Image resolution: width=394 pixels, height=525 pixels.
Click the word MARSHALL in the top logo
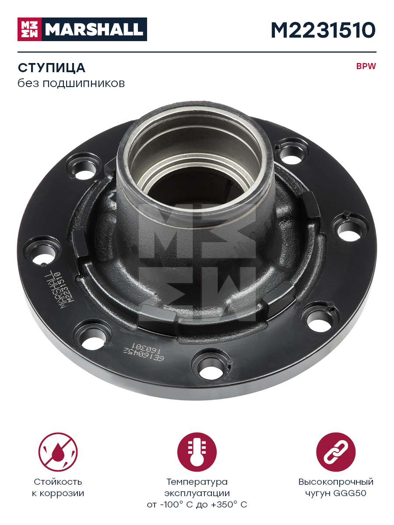pos(94,30)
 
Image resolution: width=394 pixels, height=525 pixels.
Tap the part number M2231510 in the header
pos(323,30)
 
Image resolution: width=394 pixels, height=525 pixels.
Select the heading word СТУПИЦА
pos(51,68)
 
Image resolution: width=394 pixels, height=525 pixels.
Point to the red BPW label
pos(366,66)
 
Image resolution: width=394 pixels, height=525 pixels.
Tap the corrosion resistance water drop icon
pos(58,452)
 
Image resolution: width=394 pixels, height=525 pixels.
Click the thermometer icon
pos(197,452)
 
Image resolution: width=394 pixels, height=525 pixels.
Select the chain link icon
pos(336,452)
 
